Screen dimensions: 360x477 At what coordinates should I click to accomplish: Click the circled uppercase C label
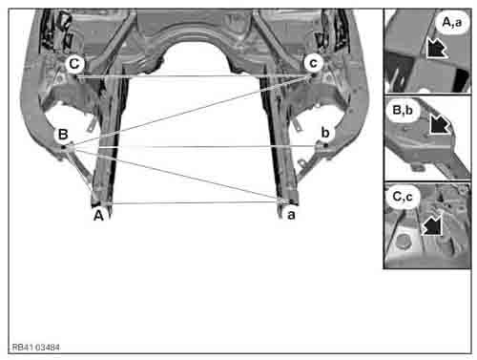coord(75,63)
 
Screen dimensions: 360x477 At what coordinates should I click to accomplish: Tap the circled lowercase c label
coord(312,62)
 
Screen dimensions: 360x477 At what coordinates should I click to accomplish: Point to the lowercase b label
coord(325,131)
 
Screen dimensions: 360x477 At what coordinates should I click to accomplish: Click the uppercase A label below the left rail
coord(97,215)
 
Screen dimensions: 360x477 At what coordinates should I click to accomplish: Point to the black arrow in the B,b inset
coord(441,124)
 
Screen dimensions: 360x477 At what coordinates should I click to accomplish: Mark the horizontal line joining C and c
coord(191,76)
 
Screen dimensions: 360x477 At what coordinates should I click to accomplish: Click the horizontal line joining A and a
coord(191,202)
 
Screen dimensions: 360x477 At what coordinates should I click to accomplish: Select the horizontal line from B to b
coord(191,147)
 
